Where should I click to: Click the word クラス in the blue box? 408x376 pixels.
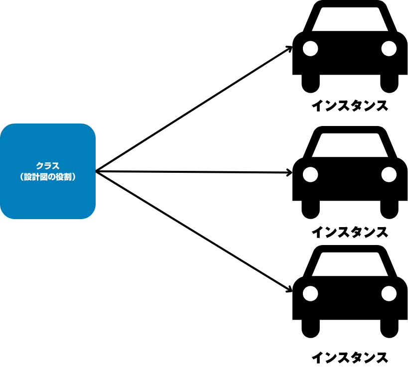pos(47,166)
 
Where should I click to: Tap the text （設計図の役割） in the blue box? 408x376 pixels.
pos(47,176)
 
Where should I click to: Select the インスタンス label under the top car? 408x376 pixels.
pos(349,106)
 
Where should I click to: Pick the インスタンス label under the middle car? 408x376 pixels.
pos(349,232)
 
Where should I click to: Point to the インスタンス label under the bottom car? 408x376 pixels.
pos(349,358)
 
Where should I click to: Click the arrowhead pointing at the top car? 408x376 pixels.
pos(289,48)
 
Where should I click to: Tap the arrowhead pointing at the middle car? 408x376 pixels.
pos(290,173)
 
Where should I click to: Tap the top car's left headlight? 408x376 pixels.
pos(310,48)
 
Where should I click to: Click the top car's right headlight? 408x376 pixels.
pos(389,48)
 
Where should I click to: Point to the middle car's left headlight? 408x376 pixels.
pos(310,174)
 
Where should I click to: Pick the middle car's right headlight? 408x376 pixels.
pos(389,174)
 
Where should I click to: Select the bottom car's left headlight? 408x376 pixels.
pos(310,293)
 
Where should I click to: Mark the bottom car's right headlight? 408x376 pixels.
pos(389,293)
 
